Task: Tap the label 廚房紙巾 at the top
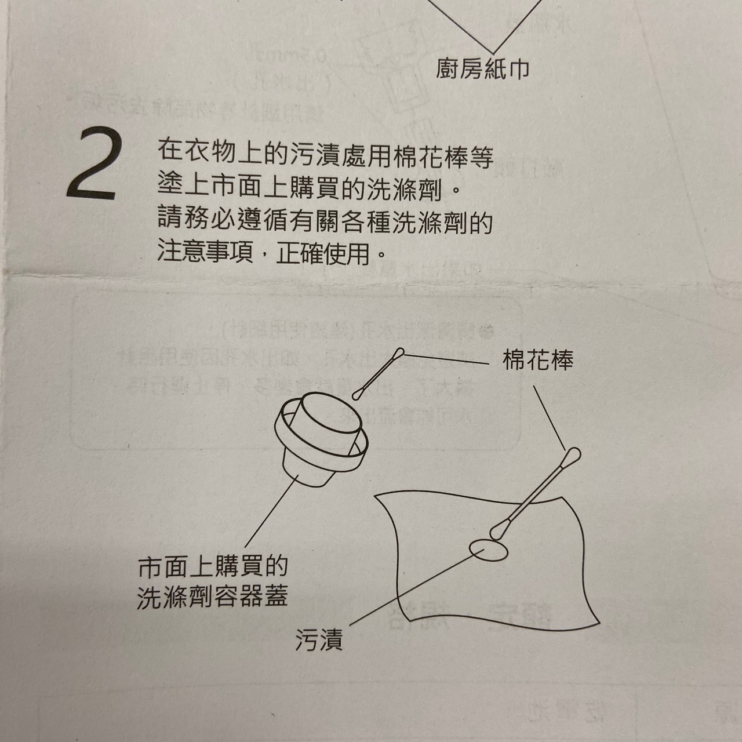[x=482, y=70]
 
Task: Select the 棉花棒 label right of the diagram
[x=538, y=361]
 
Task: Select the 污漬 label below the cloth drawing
[x=319, y=640]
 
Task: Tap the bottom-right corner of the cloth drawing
[x=598, y=624]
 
